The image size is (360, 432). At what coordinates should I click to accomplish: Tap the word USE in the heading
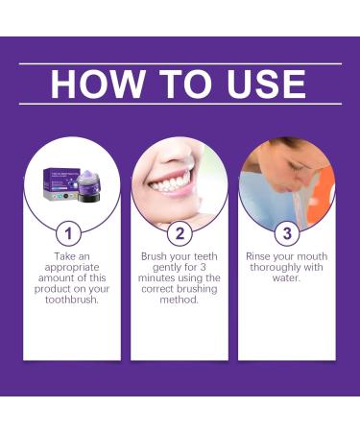pyautogui.click(x=260, y=84)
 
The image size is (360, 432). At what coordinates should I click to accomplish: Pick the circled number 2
pyautogui.click(x=180, y=233)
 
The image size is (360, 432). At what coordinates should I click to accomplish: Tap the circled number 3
pyautogui.click(x=287, y=233)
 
